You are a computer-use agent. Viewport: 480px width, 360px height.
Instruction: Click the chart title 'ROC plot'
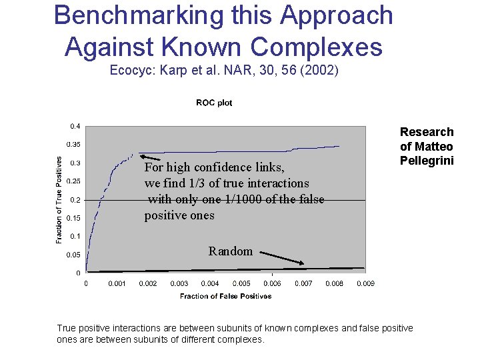(214, 103)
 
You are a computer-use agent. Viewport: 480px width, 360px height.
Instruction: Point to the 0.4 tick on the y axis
(75, 126)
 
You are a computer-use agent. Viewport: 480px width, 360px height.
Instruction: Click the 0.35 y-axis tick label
(73, 145)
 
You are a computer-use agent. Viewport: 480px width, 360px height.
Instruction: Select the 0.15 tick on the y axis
(73, 218)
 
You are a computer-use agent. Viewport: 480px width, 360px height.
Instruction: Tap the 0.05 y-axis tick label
(73, 255)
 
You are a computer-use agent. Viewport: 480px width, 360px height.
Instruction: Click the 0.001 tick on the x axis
(116, 283)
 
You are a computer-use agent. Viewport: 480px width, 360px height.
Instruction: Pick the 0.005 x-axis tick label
(241, 283)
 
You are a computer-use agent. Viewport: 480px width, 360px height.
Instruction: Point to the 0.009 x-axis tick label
(365, 283)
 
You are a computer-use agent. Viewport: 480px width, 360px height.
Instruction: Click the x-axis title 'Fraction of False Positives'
(225, 296)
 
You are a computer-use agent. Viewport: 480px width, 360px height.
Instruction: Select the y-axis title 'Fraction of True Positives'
(59, 199)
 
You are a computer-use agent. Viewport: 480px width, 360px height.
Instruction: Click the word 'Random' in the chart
(231, 251)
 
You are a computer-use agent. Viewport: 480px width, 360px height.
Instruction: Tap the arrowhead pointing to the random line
(303, 264)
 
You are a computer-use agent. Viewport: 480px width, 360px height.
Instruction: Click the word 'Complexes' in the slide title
(316, 47)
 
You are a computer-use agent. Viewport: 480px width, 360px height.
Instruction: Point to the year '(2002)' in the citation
(320, 70)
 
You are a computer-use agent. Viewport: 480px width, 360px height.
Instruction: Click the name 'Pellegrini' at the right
(427, 161)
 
